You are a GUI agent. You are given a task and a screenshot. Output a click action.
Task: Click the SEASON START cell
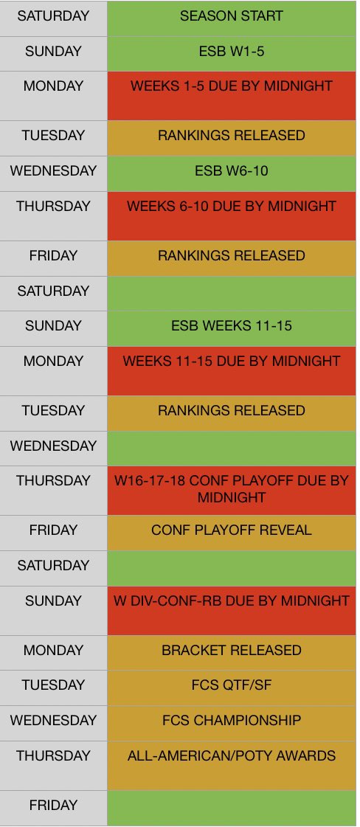point(231,15)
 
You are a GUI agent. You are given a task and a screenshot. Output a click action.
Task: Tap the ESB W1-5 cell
point(231,51)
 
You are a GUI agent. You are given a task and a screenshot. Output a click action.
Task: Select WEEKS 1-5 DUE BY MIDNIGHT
point(231,86)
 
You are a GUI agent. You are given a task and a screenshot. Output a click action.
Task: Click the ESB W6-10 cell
point(231,171)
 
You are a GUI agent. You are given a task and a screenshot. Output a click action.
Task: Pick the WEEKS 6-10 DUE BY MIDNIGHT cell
point(231,207)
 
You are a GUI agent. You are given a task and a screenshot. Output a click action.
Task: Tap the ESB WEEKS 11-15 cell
point(231,326)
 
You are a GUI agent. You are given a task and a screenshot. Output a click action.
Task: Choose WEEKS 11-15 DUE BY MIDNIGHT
point(231,361)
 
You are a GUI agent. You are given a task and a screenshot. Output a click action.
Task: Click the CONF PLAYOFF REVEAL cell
point(231,530)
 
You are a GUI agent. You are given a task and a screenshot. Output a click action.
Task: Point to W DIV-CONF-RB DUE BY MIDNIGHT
point(231,601)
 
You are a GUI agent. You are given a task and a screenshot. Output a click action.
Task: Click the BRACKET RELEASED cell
point(231,651)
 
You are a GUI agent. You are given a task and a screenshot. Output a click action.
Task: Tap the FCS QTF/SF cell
point(231,685)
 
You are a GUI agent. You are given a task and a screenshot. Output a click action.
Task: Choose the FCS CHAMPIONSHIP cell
point(231,721)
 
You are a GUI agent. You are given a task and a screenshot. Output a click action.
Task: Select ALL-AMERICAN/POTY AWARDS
point(231,756)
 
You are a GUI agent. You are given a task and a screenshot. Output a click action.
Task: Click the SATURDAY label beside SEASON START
point(53,15)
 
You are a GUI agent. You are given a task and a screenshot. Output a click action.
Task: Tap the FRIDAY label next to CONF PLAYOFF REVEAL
point(53,530)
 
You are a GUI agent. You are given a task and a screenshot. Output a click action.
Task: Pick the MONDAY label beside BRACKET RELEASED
point(53,651)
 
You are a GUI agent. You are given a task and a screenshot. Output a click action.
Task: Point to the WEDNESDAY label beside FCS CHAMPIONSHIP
point(53,721)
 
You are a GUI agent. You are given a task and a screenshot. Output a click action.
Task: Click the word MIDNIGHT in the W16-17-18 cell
point(231,498)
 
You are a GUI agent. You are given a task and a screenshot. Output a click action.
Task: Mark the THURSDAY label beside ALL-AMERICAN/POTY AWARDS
point(53,756)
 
